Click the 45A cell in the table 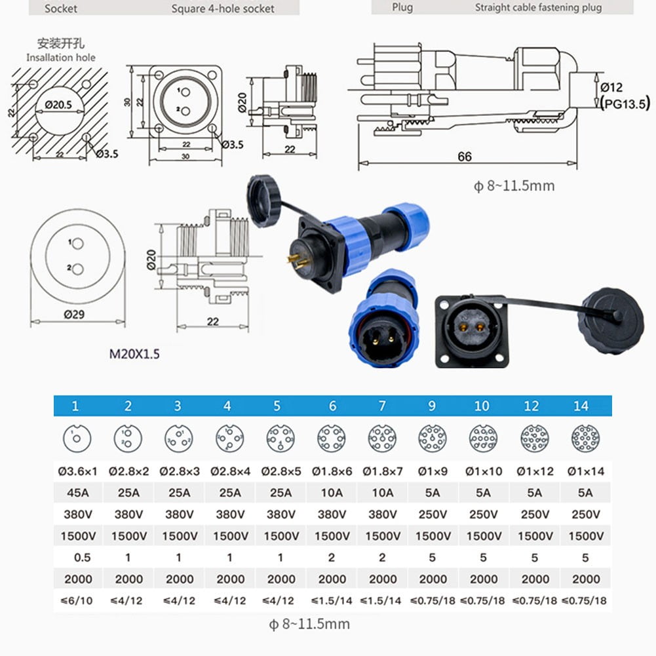tap(77, 492)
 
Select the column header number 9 tap(432, 406)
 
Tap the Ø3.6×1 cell tap(77, 471)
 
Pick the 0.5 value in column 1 tap(77, 557)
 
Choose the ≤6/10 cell tap(77, 600)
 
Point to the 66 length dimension tap(464, 157)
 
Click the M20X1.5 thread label tap(134, 355)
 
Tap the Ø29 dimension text tap(74, 314)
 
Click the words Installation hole tap(60, 58)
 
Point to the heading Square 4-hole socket tap(223, 9)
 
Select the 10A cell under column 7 tap(382, 492)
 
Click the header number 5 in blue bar tap(277, 406)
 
